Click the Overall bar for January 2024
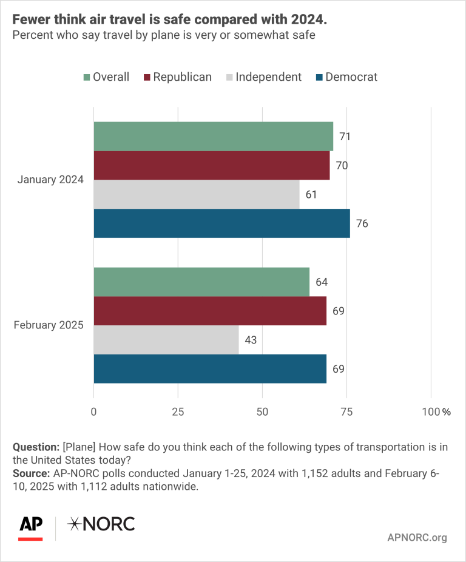click(213, 136)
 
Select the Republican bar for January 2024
click(211, 165)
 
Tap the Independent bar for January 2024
click(196, 194)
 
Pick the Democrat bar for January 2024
click(221, 223)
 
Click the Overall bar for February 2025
click(201, 282)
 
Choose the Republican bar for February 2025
click(210, 311)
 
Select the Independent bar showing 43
click(166, 340)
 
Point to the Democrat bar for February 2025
click(210, 369)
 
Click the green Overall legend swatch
click(86, 77)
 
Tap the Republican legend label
click(182, 77)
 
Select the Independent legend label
click(268, 77)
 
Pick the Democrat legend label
click(351, 77)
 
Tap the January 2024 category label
click(50, 180)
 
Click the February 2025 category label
click(49, 325)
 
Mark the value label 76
click(362, 223)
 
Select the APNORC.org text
click(416, 537)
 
